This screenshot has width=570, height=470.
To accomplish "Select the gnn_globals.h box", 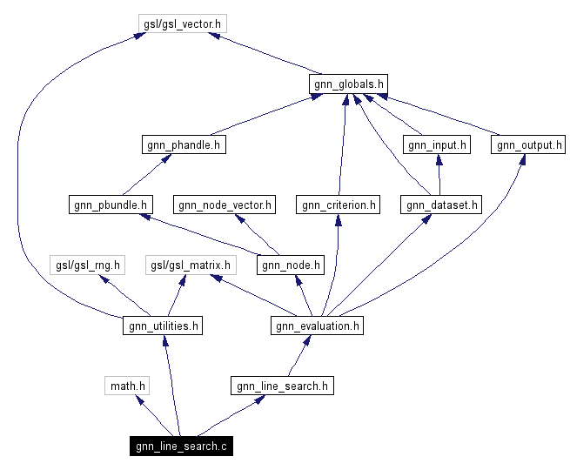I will coord(347,84).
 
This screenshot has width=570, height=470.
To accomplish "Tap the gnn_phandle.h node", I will coord(183,144).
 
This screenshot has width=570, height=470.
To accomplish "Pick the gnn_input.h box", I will coord(436,144).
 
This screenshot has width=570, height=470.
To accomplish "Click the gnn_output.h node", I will coord(528,144).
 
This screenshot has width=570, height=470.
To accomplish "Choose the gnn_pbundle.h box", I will coord(110,205).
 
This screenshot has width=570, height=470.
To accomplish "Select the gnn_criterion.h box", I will coord(338,205).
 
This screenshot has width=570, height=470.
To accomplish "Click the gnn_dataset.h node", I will coord(440,205).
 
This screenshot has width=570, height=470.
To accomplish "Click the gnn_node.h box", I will coord(292,265).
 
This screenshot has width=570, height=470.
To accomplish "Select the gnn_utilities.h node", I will coord(164,326).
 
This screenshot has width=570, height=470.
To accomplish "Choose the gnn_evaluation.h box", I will coord(316,326).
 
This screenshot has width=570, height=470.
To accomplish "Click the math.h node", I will coord(127,385).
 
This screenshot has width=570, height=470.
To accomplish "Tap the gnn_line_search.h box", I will coord(281,385).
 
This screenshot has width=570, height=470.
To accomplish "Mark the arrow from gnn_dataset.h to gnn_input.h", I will coord(439,174).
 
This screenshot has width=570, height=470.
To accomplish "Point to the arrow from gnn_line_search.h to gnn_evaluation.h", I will coord(298,355).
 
